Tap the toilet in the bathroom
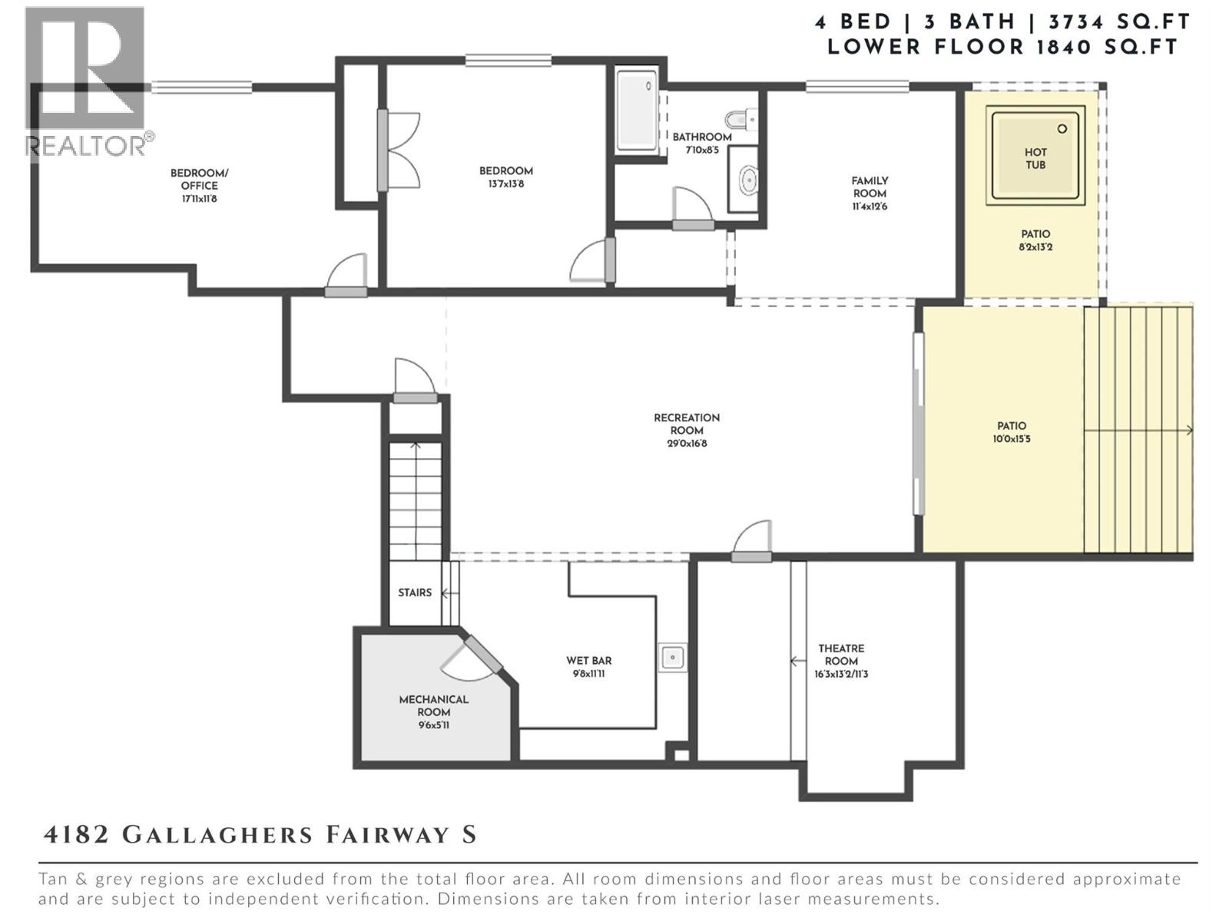[x=740, y=120]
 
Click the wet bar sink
[x=673, y=658]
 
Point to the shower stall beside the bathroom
[x=637, y=111]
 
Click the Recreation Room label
[x=687, y=424]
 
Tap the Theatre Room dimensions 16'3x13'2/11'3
[x=841, y=675]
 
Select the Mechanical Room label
[x=433, y=705]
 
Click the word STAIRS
[x=415, y=593]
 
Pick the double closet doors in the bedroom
[x=399, y=150]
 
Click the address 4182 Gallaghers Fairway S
[x=260, y=835]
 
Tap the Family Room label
[x=870, y=187]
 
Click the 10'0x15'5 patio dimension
[x=1012, y=440]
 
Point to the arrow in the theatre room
[x=797, y=661]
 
